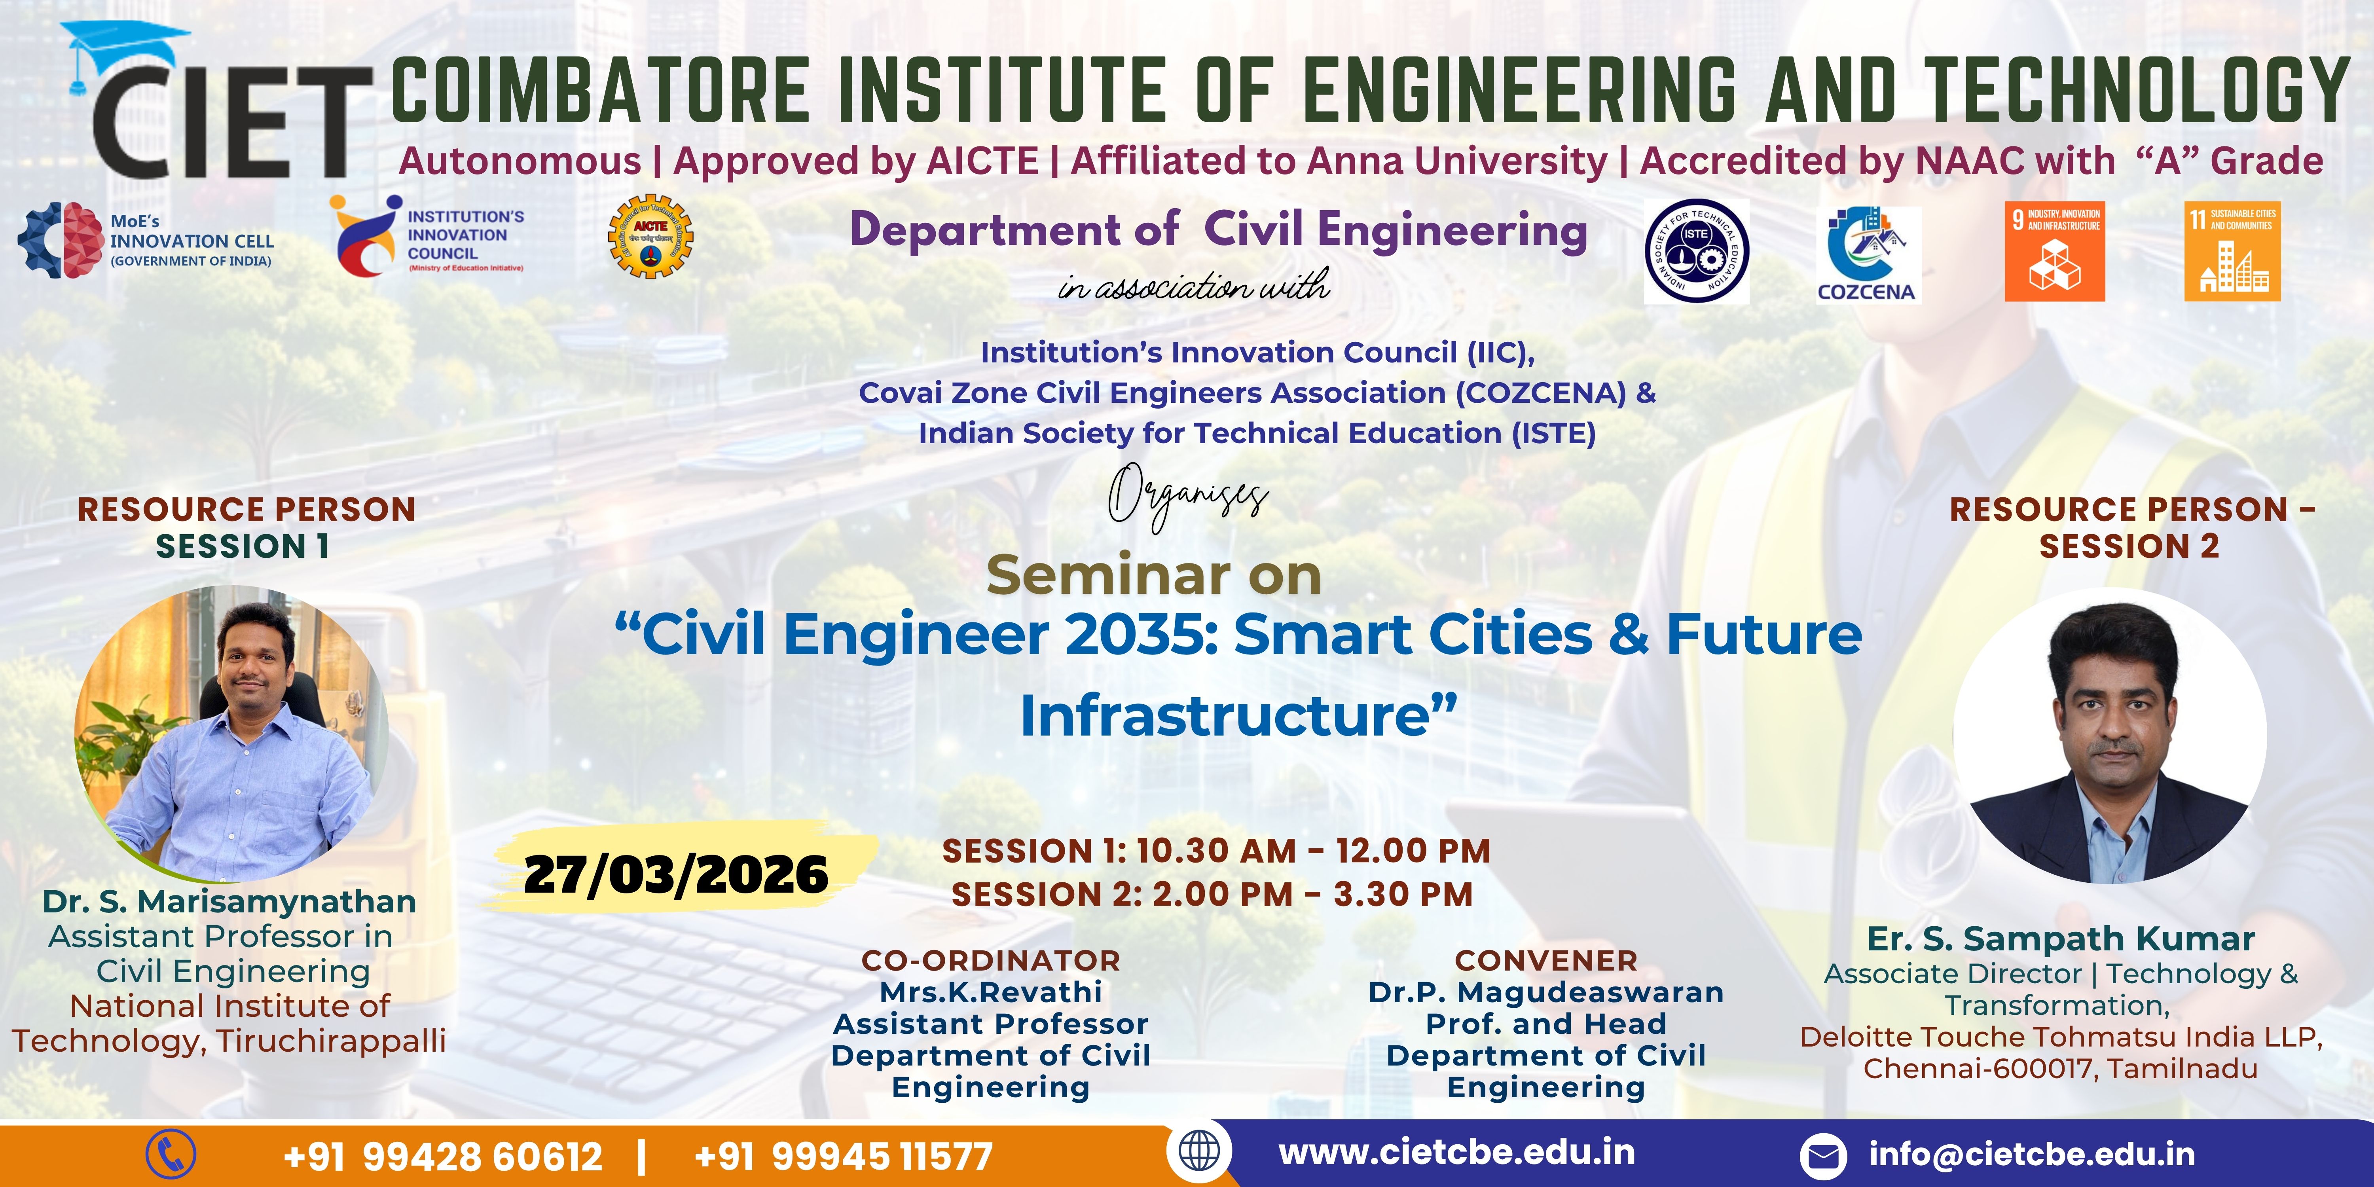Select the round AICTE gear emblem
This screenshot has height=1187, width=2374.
click(650, 237)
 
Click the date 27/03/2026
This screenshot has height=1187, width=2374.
click(675, 874)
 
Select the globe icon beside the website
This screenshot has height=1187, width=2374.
click(1199, 1151)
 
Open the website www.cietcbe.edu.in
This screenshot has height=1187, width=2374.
click(1457, 1152)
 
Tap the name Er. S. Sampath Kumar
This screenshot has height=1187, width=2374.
click(2061, 938)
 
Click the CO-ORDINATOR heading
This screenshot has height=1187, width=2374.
click(991, 960)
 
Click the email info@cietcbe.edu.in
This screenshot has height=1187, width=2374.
click(2032, 1154)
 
